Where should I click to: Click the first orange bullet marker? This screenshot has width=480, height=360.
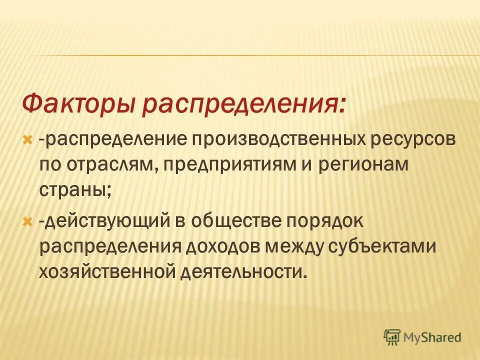tap(28, 138)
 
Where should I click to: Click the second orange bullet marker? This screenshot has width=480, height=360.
tap(28, 221)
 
